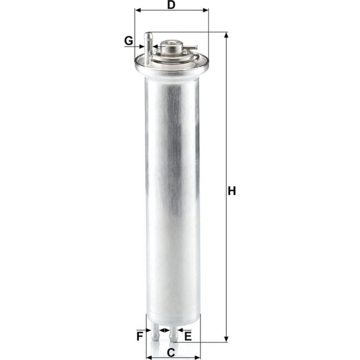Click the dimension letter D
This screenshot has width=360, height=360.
pos(171,5)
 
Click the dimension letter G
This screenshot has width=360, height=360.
pos(129,41)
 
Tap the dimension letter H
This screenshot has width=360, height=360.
pos(232,191)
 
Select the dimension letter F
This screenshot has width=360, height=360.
pos(140,337)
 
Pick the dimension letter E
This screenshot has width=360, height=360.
pos(188,337)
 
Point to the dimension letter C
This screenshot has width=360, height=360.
pos(171,353)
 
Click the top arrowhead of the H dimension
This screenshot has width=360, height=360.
pos(226,36)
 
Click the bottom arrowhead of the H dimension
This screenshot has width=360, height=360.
pos(226,339)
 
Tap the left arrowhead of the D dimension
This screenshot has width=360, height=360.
pos(138,10)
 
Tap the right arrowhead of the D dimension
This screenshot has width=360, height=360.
pos(205,10)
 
